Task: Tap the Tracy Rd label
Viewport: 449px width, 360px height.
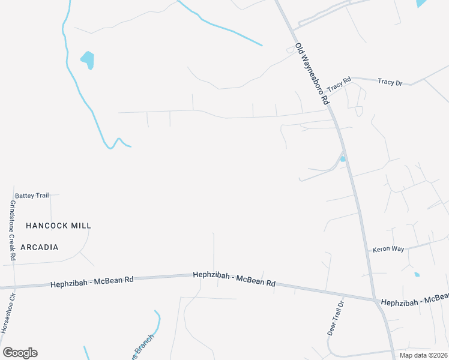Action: click(339, 83)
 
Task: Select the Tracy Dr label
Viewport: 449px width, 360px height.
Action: click(390, 82)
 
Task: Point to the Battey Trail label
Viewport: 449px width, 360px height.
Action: click(32, 196)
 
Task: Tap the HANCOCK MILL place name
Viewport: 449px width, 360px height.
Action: click(58, 226)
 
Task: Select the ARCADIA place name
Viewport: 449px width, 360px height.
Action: click(40, 247)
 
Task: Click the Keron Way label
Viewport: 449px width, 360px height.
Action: click(388, 248)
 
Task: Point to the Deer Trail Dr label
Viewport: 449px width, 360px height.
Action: click(336, 318)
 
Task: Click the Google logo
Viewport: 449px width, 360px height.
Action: click(20, 353)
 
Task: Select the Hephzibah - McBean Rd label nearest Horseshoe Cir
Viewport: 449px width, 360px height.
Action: click(92, 281)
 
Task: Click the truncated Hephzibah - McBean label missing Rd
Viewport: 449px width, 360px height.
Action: click(414, 299)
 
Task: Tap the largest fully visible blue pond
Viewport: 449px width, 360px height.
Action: click(88, 59)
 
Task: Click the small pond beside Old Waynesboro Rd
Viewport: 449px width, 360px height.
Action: click(343, 159)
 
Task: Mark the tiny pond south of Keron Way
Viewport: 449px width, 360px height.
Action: click(417, 275)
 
